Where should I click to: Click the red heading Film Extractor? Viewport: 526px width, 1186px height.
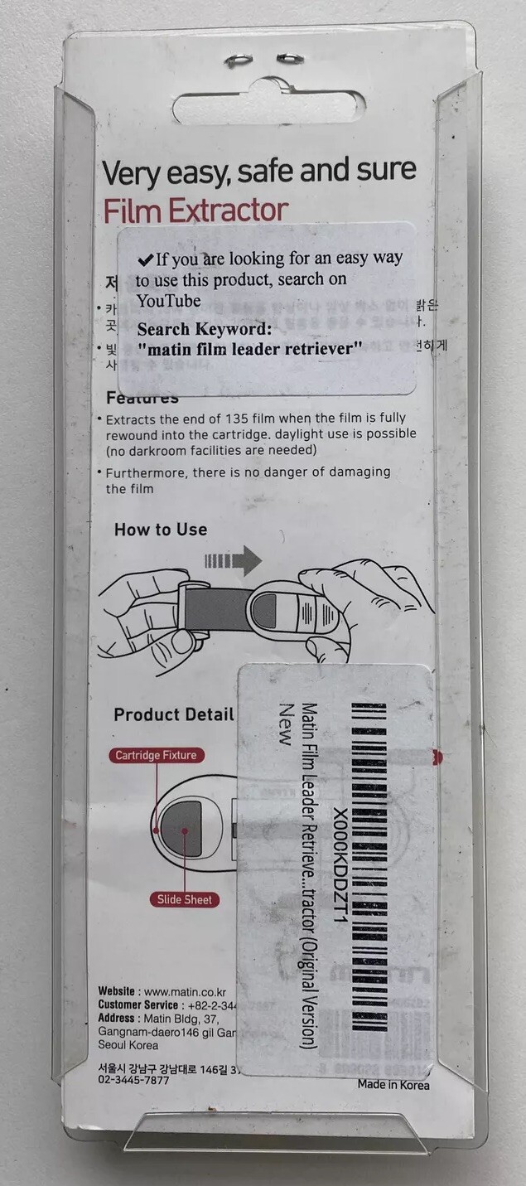[x=195, y=211]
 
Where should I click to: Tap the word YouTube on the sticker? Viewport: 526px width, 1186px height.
[x=169, y=299]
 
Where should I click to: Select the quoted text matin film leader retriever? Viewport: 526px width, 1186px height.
[x=250, y=348]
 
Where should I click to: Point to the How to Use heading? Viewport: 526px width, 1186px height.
[x=161, y=530]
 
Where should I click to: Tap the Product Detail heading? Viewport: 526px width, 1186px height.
[x=174, y=714]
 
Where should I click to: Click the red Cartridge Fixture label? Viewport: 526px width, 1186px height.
[x=156, y=755]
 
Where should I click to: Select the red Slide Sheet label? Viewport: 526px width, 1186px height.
[x=185, y=899]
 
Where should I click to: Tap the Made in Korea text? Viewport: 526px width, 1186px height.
[x=393, y=1084]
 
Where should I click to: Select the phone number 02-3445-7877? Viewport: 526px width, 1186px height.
[x=133, y=1081]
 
